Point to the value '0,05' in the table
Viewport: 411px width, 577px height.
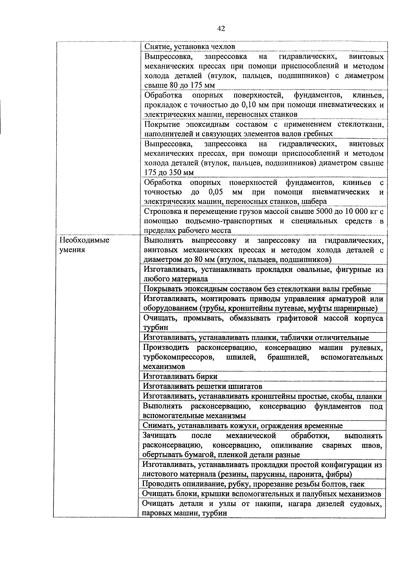(215, 192)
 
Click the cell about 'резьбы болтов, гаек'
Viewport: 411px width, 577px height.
(253, 484)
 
